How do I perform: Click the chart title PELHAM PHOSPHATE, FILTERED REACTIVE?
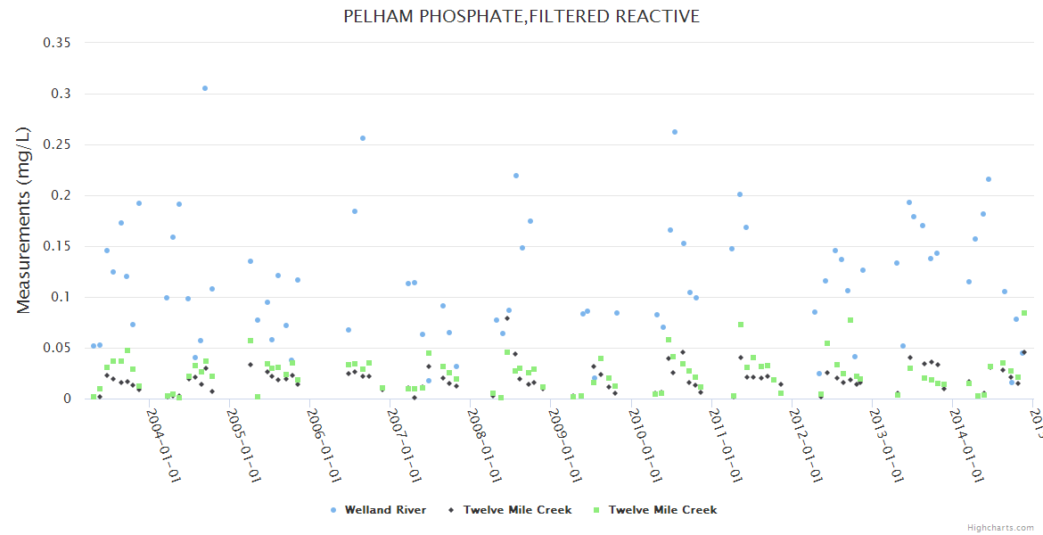point(521,17)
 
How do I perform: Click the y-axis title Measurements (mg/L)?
point(24,219)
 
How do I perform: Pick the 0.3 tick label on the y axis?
point(64,94)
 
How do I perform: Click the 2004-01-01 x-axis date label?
point(164,446)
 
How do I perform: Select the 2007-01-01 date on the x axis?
point(405,446)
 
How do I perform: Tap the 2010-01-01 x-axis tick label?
point(646,446)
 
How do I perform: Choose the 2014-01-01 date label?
point(968,446)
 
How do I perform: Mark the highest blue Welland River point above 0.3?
point(205,88)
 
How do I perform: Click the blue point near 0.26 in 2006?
point(363,138)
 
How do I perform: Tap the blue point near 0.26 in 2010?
point(675,132)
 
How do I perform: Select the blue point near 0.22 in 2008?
point(516,176)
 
